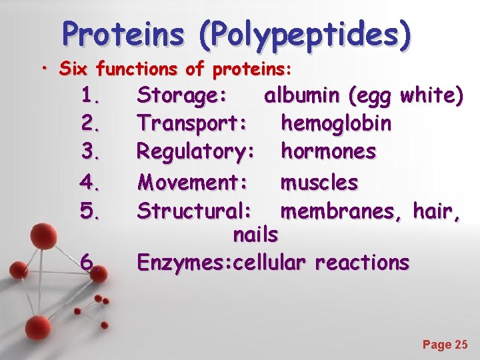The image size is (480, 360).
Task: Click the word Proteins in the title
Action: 123,34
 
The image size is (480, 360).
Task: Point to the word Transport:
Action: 192,123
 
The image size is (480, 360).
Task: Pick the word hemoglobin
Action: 337,123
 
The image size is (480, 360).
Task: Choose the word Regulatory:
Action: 195,152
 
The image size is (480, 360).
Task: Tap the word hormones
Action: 329,151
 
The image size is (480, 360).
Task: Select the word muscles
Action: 319,181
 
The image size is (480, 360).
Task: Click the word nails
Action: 255,235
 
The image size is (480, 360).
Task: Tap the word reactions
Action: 363,263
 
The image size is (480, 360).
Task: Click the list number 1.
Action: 90,97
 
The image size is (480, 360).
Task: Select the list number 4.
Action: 90,181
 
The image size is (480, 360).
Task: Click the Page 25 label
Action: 445,345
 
